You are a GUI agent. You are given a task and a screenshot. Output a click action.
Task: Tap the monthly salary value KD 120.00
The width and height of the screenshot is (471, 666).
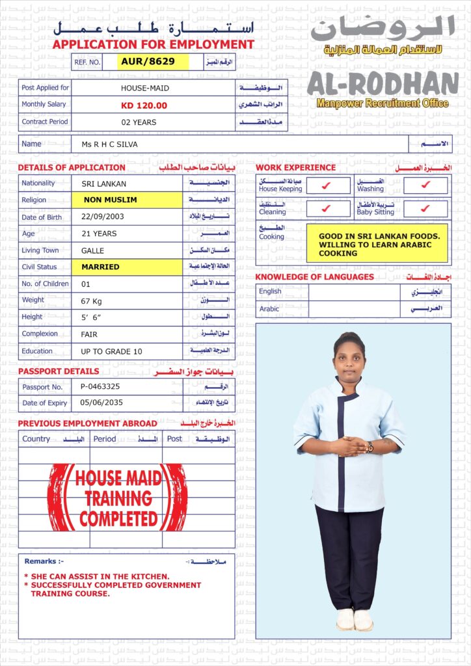[144, 105]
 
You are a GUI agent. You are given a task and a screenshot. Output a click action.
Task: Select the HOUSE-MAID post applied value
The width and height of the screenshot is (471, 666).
[144, 88]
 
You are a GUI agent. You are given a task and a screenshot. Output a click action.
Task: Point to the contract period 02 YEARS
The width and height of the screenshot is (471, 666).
[139, 122]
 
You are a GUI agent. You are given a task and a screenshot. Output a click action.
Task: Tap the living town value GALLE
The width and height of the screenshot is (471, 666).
[92, 250]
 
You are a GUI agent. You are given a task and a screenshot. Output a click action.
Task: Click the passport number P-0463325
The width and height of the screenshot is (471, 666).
[100, 387]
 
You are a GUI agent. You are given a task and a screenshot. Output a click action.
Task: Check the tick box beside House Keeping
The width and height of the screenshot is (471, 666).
[327, 185]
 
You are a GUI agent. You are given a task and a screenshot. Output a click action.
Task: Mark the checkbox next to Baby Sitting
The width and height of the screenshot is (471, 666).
[425, 209]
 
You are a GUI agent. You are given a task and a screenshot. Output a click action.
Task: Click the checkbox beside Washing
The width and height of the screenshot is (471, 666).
[425, 185]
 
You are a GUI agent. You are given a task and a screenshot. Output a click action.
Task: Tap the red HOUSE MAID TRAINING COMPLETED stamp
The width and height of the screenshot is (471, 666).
[118, 498]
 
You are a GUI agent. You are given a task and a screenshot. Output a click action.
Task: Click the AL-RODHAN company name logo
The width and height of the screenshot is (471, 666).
[383, 84]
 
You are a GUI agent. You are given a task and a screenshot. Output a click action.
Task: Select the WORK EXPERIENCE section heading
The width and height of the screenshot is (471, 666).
[295, 168]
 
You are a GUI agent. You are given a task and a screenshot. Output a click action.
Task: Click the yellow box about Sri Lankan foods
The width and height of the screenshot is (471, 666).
[377, 244]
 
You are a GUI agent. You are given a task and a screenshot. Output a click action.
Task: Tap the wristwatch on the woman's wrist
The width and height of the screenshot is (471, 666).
[370, 447]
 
